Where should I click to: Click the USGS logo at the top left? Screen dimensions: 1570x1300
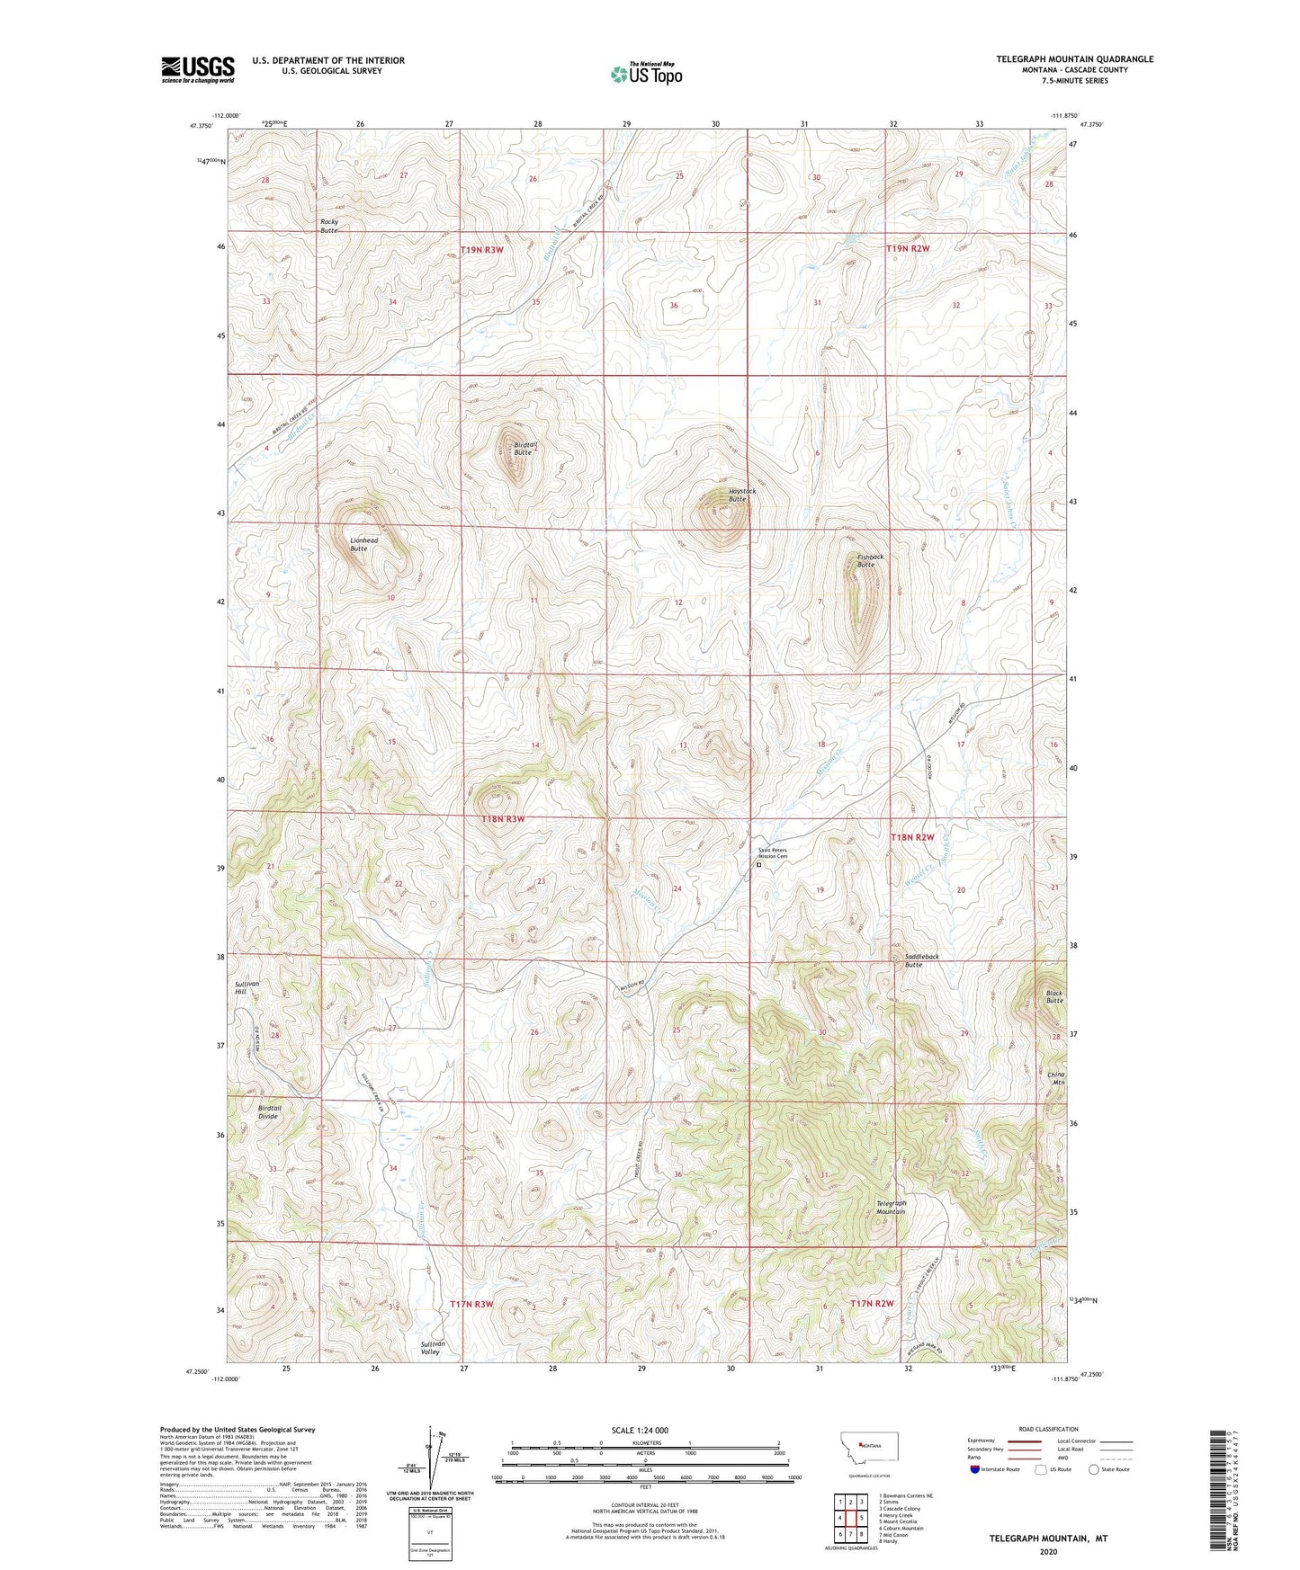198,69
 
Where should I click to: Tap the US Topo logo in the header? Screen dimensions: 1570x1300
646,74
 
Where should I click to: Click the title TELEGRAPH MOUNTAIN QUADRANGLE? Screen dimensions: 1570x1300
1074,59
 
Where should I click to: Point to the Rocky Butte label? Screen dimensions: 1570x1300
329,226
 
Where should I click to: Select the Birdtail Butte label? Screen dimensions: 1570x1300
522,448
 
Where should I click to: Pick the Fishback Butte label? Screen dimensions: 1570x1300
870,560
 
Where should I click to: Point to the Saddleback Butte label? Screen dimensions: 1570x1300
921,960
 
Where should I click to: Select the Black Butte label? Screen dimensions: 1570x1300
1054,997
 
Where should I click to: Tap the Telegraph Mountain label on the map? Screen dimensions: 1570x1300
891,1207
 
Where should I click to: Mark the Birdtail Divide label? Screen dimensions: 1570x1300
269,1111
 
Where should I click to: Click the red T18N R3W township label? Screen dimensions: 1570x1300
502,819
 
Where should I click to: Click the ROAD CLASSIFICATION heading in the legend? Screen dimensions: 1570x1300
1047,1429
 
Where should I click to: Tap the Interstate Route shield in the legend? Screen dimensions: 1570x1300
976,1469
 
